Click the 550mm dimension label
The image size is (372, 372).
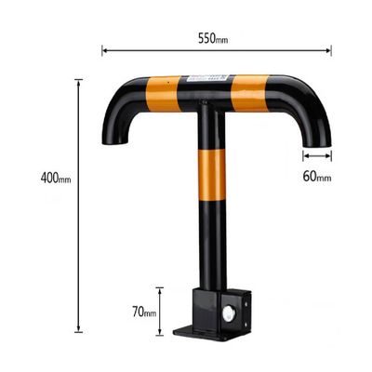213,38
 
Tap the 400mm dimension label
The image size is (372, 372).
56,179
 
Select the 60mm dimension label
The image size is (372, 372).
317,177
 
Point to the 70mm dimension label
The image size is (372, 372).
144,312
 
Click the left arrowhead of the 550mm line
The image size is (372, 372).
105,50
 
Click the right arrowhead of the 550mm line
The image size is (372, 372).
328,50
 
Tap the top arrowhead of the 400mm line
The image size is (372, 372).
79,83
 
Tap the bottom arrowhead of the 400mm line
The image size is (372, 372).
79,329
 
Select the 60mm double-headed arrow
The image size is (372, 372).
317,155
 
